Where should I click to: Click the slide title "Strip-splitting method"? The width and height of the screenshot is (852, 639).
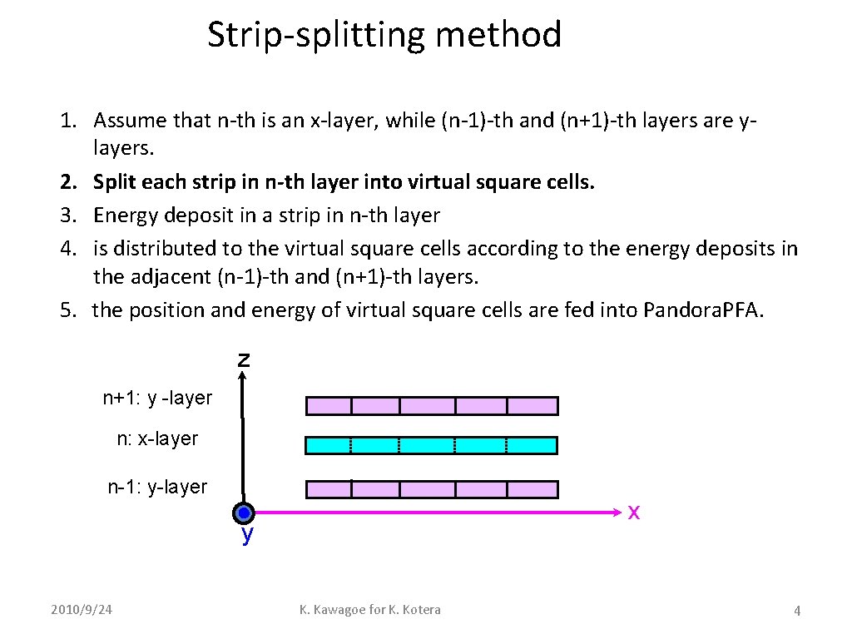tap(384, 36)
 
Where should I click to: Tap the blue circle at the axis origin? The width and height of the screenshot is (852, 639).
tap(243, 513)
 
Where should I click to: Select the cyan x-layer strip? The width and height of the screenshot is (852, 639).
tap(432, 445)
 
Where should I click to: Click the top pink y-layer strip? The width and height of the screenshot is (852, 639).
tap(432, 406)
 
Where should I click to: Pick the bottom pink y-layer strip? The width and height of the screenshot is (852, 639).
tap(432, 489)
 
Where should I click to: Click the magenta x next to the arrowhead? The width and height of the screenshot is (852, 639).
tap(633, 513)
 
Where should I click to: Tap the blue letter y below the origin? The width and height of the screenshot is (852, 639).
tap(247, 536)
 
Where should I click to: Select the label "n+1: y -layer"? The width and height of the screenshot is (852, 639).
tap(157, 398)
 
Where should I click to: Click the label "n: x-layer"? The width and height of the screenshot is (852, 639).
tap(157, 438)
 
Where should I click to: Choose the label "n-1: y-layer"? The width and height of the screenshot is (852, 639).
tap(157, 487)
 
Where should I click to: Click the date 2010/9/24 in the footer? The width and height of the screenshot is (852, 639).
tap(81, 610)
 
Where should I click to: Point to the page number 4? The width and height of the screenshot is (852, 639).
tap(797, 612)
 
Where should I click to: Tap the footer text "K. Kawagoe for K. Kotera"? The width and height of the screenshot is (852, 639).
tap(370, 610)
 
